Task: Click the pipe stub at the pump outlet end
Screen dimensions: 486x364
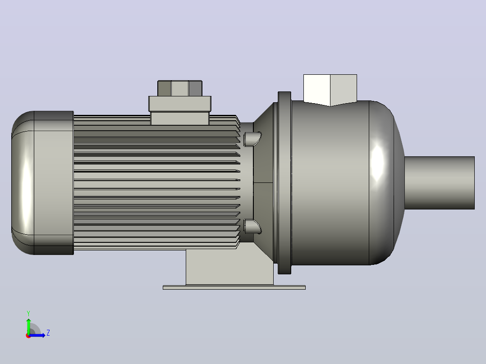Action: [x=440, y=183]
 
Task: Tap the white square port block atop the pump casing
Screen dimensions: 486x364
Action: [x=330, y=90]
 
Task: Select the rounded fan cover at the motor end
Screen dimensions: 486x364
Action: [x=42, y=183]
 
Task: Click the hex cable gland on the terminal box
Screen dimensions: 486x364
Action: [x=180, y=88]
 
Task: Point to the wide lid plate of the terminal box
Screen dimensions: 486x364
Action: [x=180, y=104]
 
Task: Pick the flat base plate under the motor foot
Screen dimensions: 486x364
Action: [x=234, y=287]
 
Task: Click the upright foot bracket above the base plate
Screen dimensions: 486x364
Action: [x=229, y=267]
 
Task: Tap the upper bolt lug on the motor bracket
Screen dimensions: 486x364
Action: [x=252, y=139]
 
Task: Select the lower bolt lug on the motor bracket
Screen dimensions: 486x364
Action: [x=252, y=227]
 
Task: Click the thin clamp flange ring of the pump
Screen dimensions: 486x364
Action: [x=284, y=183]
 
